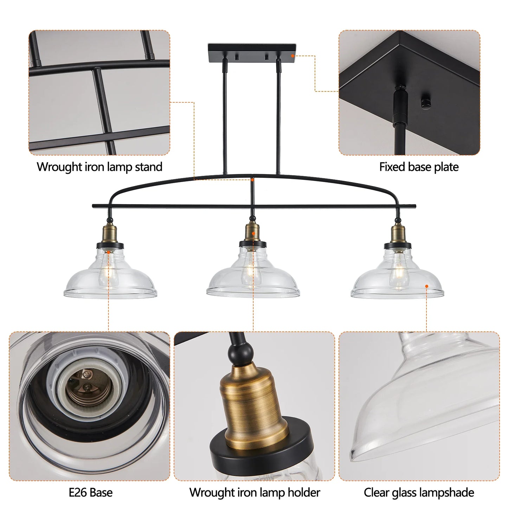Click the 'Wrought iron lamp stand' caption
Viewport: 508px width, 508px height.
click(99, 167)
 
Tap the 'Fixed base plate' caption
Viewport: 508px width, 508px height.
click(419, 167)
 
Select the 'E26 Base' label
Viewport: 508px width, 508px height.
click(91, 492)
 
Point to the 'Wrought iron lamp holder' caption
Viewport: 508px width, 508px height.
click(255, 492)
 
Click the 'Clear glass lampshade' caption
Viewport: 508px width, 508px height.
click(419, 492)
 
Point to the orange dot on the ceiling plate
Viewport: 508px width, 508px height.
click(292, 56)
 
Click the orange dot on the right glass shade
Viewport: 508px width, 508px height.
click(427, 287)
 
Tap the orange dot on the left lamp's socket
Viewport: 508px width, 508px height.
click(109, 252)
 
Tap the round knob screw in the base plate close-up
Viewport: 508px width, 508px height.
click(426, 103)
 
